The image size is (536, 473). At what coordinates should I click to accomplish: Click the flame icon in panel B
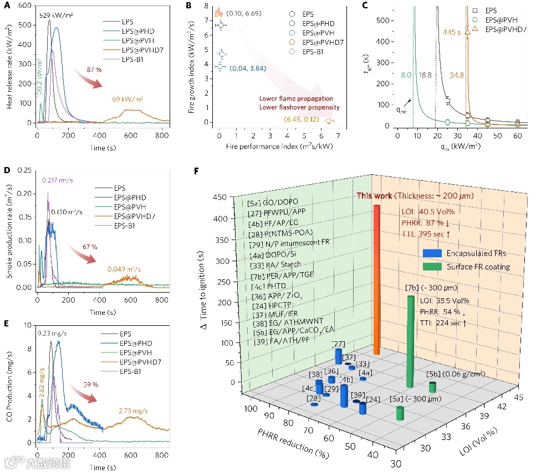point(218,12)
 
